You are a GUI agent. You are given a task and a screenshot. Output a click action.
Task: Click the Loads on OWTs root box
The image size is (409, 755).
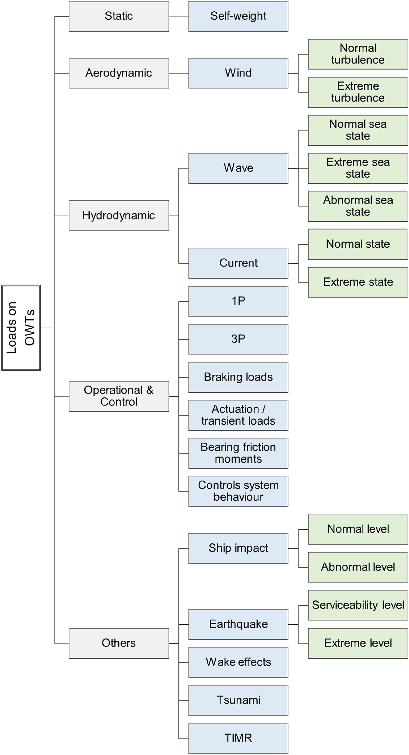[x=21, y=328]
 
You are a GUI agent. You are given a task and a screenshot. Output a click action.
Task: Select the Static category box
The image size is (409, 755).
[x=119, y=16]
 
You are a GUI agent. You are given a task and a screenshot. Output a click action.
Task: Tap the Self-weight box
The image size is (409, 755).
[x=238, y=16]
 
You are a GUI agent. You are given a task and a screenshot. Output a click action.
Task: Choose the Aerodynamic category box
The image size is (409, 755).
[x=119, y=73]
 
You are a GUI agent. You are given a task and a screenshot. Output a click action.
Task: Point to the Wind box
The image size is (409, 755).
[x=238, y=73]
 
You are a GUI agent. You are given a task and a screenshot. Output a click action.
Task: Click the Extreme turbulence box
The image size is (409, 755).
[x=358, y=92]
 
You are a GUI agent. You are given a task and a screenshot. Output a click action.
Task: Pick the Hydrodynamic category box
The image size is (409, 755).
[x=119, y=216]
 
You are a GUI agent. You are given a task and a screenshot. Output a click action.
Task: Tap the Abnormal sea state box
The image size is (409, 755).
[x=358, y=206]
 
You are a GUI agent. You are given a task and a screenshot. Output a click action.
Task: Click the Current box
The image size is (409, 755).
[x=238, y=263]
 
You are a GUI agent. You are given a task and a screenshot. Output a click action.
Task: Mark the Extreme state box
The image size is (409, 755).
[x=358, y=282]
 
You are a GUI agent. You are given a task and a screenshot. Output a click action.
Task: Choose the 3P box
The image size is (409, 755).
[x=238, y=339]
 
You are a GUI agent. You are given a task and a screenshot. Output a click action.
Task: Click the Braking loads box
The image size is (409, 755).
[x=238, y=377]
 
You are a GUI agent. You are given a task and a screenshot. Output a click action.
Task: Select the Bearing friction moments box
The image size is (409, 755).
[x=238, y=453]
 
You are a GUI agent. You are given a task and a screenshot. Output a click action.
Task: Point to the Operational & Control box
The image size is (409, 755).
[x=119, y=396]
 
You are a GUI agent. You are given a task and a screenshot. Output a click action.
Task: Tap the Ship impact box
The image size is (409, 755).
[x=238, y=548]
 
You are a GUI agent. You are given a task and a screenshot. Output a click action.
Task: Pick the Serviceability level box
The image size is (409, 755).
[x=358, y=605]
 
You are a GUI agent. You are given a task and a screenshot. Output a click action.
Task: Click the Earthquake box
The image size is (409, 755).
[x=238, y=624]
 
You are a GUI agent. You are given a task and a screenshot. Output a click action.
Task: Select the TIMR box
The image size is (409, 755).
[x=238, y=738]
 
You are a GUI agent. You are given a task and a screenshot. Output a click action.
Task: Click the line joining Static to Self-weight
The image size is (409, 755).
[x=178, y=16]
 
